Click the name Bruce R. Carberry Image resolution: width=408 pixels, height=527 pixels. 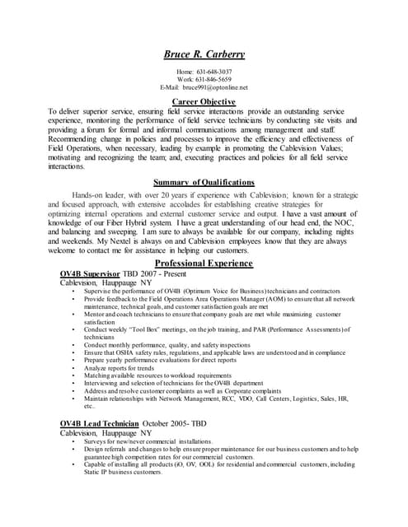[204, 54]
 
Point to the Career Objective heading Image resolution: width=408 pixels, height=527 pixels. [204, 101]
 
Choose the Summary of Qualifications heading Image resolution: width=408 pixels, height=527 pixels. [204, 182]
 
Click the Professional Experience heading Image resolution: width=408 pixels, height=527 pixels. [204, 263]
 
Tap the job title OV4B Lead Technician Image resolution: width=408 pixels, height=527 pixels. [99, 423]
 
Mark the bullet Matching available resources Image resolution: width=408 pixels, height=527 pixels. [153, 375]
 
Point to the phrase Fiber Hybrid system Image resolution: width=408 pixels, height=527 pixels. [133, 222]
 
